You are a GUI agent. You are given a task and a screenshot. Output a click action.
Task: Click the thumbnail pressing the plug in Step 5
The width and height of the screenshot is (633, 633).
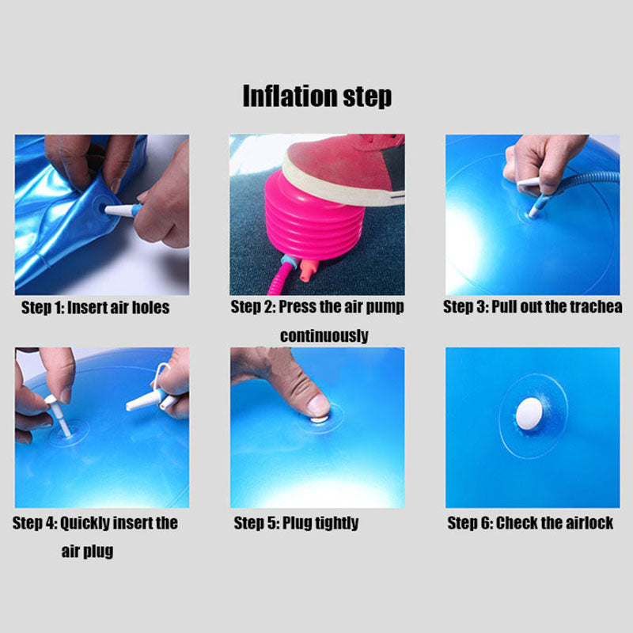[319, 406]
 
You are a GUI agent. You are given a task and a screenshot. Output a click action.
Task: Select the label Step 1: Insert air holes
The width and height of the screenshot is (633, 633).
[95, 308]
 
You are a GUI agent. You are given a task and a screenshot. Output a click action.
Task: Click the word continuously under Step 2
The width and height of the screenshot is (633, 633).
[324, 335]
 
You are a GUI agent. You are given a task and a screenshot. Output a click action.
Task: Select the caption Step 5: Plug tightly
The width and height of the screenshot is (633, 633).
[296, 523]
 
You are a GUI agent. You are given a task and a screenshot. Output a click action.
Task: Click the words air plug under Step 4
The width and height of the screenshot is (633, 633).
[87, 551]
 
